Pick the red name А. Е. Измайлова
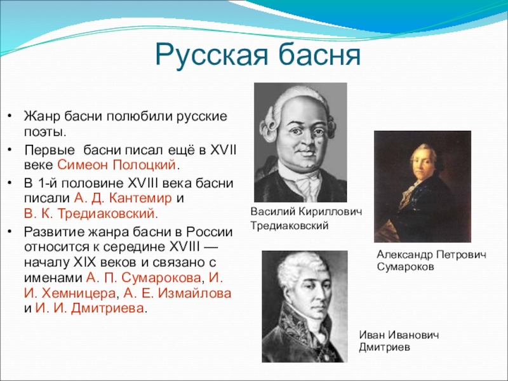[177, 293]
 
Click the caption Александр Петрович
[431, 255]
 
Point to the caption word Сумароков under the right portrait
[406, 269]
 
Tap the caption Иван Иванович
[398, 335]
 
